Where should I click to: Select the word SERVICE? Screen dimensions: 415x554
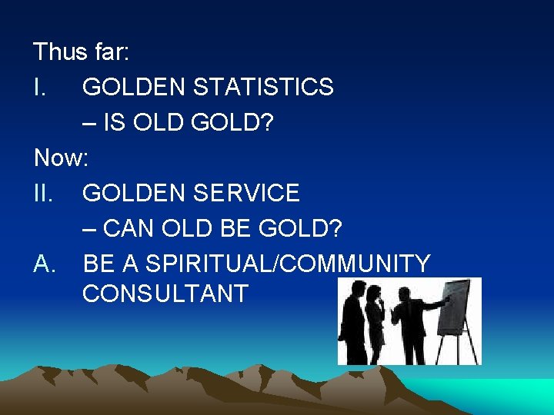(x=249, y=193)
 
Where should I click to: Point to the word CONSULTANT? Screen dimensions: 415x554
(x=165, y=294)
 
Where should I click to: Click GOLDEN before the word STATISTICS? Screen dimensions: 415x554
(x=135, y=88)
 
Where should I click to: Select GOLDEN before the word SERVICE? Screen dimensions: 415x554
(x=135, y=193)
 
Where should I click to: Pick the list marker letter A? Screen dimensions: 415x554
(x=44, y=264)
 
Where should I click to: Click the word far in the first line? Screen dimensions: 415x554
(x=112, y=52)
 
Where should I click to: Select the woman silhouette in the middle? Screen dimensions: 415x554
(x=375, y=323)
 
